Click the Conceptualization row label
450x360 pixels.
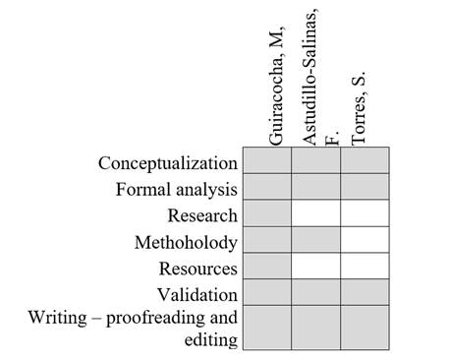[168, 162]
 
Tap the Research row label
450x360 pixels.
[202, 215]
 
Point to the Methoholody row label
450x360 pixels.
[186, 242]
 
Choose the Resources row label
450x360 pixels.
[198, 268]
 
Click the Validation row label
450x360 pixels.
[197, 294]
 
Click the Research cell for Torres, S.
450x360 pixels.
[365, 213]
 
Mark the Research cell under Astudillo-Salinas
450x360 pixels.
[315, 213]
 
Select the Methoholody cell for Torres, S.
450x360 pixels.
[365, 240]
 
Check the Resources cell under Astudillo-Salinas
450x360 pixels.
[315, 267]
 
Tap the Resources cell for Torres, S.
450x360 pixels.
[365, 267]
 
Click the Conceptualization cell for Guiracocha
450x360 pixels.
[266, 160]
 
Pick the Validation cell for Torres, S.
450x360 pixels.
[365, 292]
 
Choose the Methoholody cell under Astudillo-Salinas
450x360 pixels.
[315, 240]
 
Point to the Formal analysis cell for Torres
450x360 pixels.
[365, 187]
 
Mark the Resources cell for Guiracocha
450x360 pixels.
[266, 267]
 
